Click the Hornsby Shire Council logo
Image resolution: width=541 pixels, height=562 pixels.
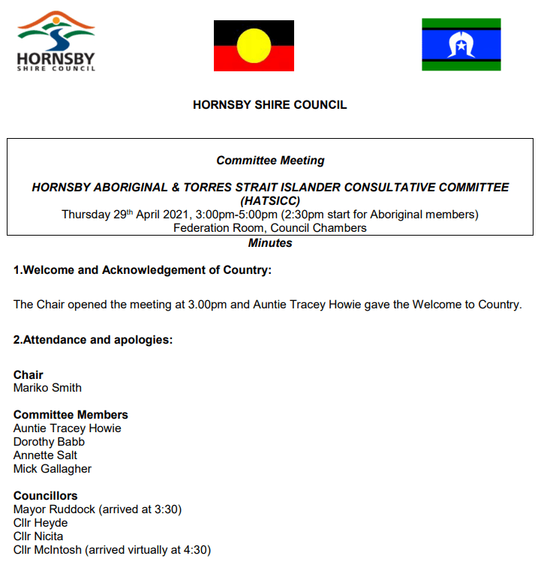coord(56,41)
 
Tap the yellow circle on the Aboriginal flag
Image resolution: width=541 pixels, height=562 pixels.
coord(254,46)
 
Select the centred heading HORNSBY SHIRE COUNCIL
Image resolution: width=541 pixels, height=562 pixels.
coord(270,105)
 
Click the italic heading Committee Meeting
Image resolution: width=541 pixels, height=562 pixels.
coord(270,161)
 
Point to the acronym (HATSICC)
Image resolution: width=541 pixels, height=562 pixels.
coord(270,201)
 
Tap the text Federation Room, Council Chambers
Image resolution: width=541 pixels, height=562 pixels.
coord(270,227)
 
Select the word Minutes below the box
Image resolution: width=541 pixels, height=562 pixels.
coord(270,243)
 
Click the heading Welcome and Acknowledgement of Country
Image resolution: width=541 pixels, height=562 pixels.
coord(143,270)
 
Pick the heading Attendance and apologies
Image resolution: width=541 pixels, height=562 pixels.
coord(93,340)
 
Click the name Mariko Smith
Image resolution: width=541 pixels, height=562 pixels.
coord(48,388)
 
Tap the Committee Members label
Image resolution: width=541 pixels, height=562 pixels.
coord(71,415)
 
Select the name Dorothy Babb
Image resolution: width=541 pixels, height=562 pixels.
coord(49,442)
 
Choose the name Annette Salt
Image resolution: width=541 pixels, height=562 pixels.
coord(45,455)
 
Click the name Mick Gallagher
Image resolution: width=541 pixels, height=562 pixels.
coord(53,469)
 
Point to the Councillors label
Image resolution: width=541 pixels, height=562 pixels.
coord(46,496)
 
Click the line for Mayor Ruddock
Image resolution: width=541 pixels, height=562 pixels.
coord(98,509)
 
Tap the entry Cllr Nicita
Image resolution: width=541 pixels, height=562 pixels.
coord(38,536)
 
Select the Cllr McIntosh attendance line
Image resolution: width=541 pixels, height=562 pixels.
coord(112,550)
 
